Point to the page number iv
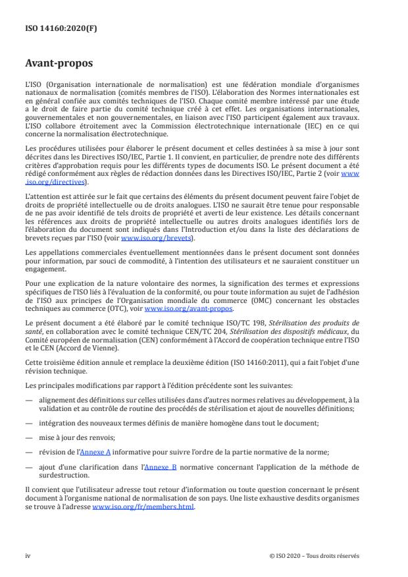point(28,555)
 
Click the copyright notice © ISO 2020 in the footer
point(315,555)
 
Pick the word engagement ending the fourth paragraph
point(46,269)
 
